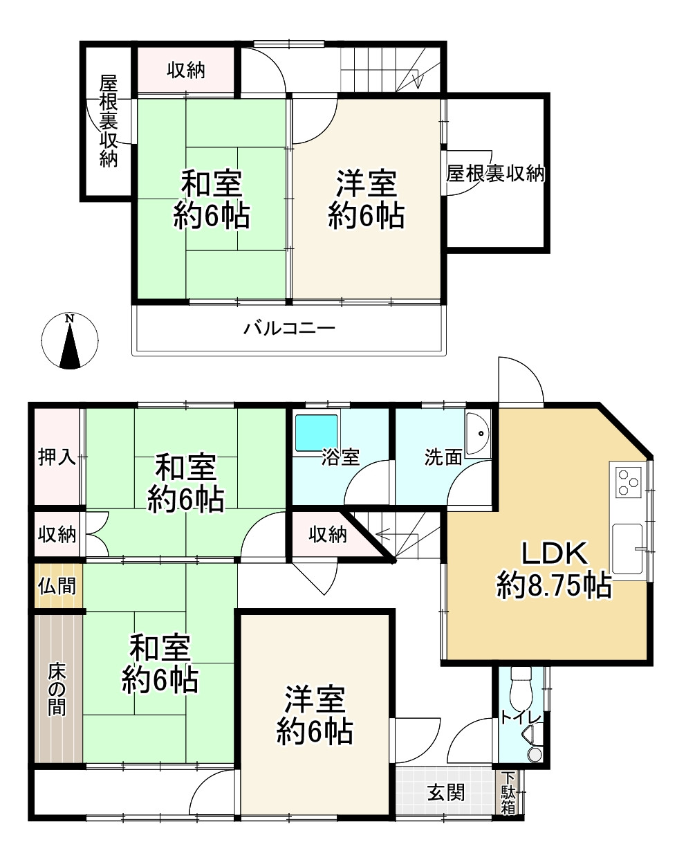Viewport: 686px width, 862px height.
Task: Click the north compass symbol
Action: pos(70,341)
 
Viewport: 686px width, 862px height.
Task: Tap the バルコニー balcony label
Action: pos(289,328)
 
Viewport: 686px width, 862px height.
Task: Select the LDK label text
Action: pos(554,553)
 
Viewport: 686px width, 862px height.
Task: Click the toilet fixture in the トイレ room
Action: pos(520,688)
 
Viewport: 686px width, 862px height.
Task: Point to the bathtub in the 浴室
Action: pos(316,432)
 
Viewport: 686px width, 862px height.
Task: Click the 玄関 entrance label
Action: pos(445,793)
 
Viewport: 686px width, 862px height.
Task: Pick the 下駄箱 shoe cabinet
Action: pos(508,793)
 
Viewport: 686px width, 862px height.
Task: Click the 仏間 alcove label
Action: pos(57,586)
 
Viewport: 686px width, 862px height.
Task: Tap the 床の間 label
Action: pos(57,689)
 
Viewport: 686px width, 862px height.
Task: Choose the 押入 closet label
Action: pos(57,457)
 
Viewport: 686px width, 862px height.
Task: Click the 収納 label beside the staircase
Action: pos(327,534)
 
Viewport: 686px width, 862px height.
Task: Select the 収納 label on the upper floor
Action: pos(186,70)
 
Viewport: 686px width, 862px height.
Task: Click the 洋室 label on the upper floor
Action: pos(366,185)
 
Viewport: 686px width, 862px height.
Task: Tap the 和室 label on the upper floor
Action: pos(211,185)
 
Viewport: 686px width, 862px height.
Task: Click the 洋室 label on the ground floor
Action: pos(315,699)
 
